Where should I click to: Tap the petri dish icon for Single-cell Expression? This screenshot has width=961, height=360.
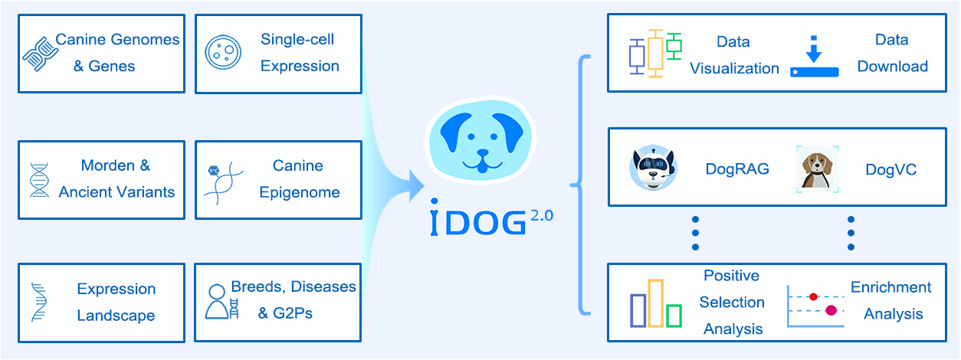222,52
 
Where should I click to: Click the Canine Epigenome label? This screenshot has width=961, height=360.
298,178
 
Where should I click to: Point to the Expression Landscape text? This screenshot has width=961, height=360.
116,302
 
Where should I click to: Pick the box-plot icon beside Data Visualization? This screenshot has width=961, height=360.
655,53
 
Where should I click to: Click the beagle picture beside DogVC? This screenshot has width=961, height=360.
817,168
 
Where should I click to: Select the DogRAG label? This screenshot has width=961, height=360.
736,169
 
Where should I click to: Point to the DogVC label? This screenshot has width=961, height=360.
890,169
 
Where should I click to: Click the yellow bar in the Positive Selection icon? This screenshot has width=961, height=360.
655,303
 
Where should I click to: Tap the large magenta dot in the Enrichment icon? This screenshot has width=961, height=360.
831,310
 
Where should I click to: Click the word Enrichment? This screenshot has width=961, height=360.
890,287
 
